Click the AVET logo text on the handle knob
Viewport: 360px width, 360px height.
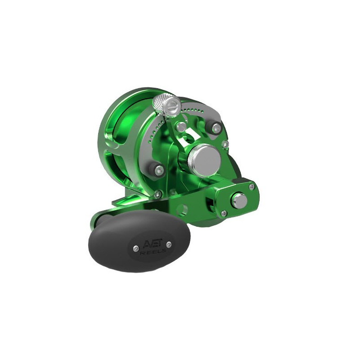(153, 243)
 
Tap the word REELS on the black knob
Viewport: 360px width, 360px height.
(153, 251)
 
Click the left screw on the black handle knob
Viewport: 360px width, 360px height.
(136, 248)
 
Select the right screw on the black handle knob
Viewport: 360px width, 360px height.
(169, 244)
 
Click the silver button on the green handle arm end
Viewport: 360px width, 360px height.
(239, 200)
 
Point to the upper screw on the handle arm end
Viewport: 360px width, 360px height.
(252, 186)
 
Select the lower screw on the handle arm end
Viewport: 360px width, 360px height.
(224, 214)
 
